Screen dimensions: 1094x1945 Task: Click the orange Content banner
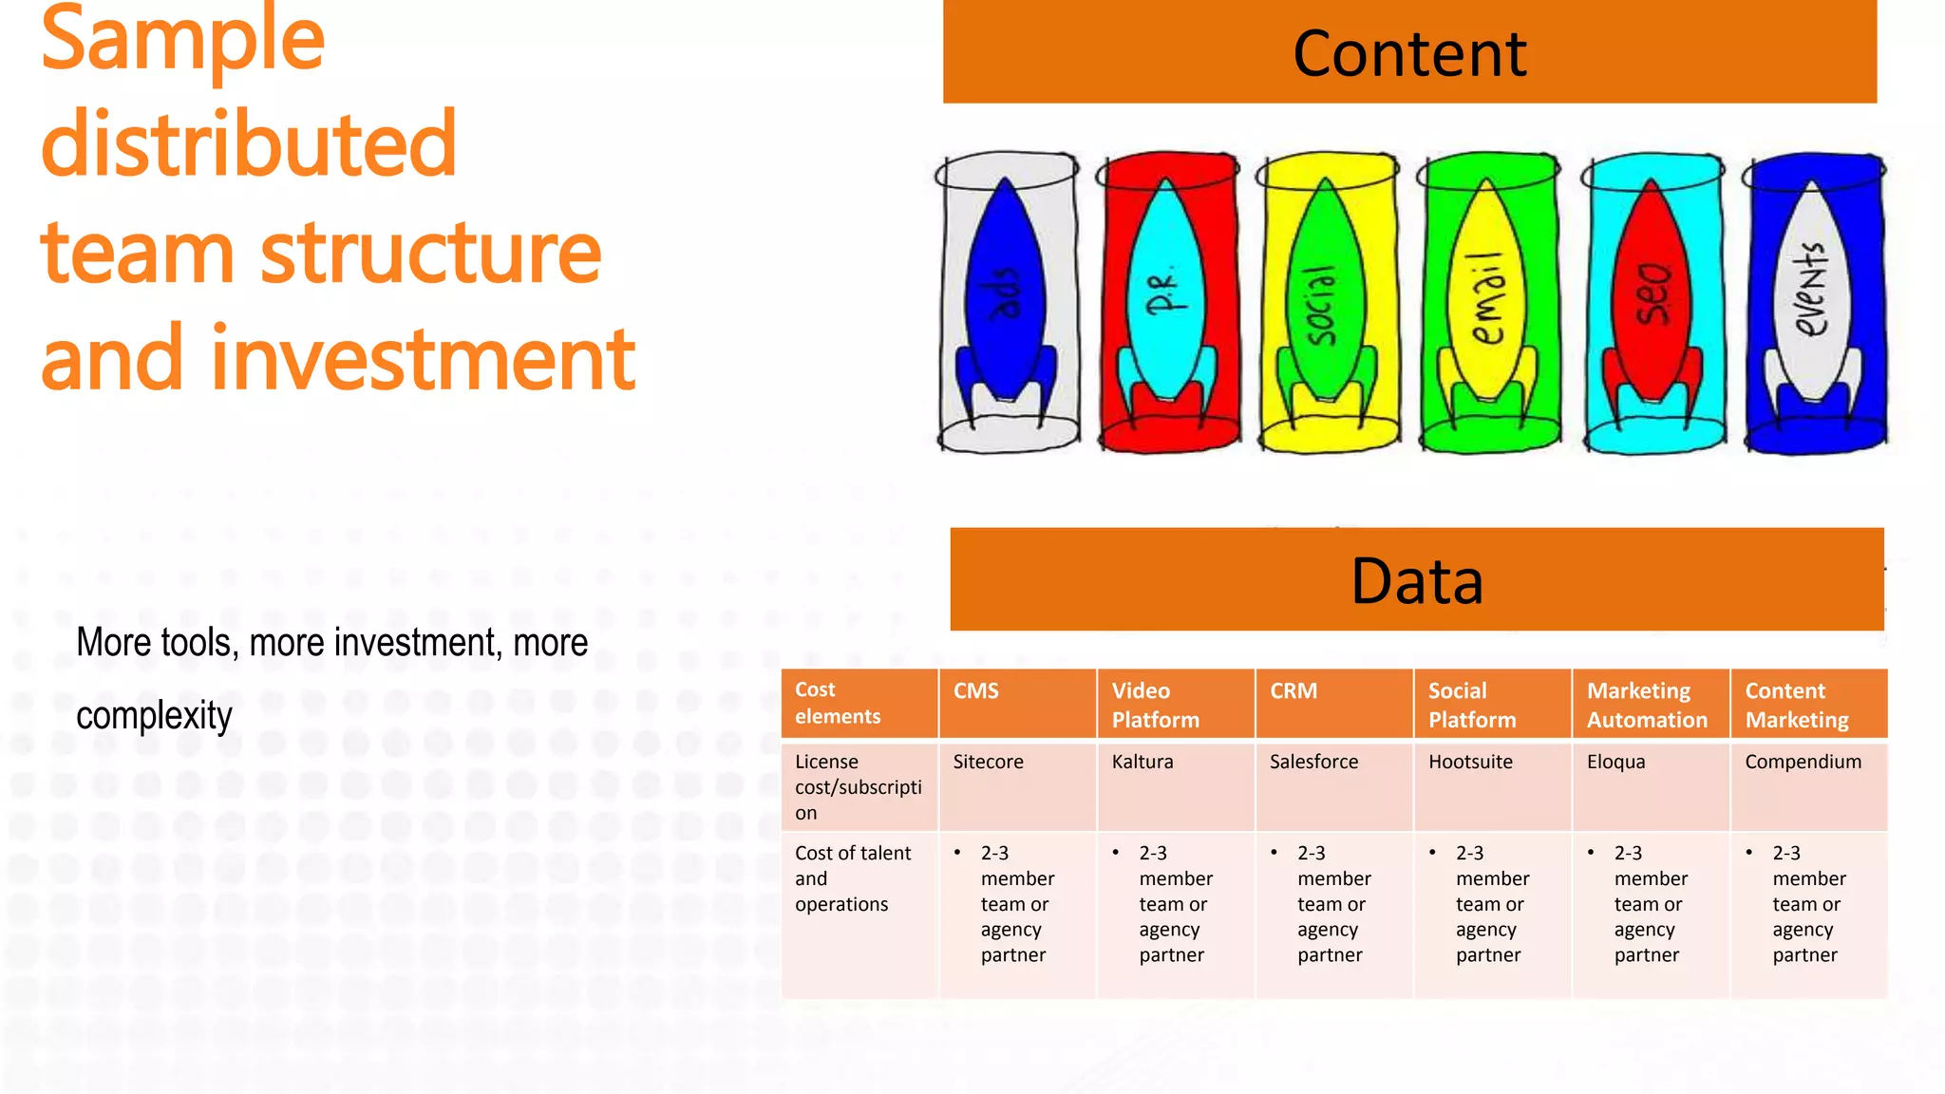pos(1409,52)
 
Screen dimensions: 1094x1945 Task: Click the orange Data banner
pos(1416,579)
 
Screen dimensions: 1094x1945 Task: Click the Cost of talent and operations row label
pos(852,878)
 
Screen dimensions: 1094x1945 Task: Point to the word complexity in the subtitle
pos(154,715)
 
